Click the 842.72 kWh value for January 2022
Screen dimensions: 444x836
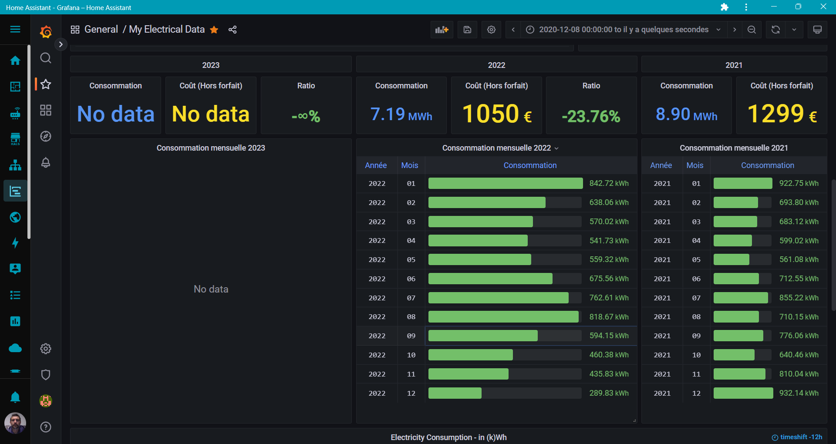609,183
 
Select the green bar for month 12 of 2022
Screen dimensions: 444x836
455,393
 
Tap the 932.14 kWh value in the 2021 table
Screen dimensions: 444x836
799,393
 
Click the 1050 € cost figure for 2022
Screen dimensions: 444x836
496,114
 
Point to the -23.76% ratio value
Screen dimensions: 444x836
591,116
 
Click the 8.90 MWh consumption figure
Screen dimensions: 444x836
686,114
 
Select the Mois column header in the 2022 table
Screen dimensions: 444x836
409,165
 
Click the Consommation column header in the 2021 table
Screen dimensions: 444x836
767,165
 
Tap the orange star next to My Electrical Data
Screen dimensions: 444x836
214,30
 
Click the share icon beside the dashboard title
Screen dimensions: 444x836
233,30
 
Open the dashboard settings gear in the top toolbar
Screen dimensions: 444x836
491,30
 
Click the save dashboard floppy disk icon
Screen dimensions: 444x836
467,30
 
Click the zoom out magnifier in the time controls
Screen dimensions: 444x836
752,30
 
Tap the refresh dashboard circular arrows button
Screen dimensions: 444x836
775,30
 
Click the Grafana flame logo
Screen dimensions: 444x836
46,31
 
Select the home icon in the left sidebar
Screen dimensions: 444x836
15,61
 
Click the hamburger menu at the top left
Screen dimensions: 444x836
15,29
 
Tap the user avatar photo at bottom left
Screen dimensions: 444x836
15,423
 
